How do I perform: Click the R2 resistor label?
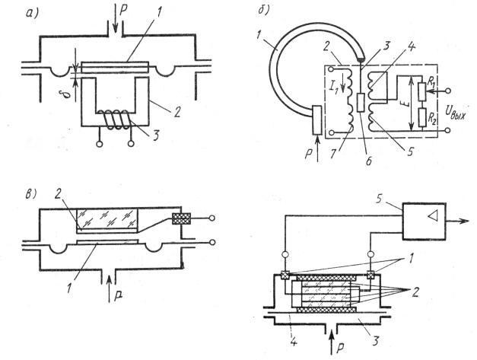point(432,119)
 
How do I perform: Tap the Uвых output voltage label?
point(455,113)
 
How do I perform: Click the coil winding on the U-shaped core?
point(115,120)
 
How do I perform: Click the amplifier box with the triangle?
point(425,221)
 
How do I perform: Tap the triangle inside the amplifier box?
point(431,216)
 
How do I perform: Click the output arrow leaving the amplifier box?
point(458,221)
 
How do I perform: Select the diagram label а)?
point(32,14)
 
